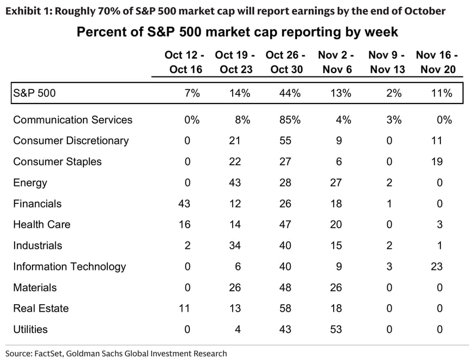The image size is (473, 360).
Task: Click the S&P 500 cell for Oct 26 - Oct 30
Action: point(290,93)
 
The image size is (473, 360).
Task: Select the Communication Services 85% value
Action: point(290,120)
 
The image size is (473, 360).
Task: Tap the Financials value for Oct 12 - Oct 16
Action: point(184,203)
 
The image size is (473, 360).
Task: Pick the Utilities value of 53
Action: point(336,329)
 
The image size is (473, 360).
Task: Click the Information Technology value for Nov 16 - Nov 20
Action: point(437,267)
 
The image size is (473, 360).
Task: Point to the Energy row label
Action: point(30,183)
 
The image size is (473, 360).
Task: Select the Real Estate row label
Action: point(41,308)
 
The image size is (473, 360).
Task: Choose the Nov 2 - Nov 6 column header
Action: point(336,62)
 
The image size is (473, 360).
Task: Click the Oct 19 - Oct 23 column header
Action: point(235,62)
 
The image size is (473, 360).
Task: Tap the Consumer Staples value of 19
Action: point(437,162)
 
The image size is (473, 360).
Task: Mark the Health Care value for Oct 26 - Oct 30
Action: point(285,224)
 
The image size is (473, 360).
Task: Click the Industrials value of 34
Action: point(235,246)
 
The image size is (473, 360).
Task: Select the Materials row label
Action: point(35,288)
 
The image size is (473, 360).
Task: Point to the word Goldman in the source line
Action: point(81,353)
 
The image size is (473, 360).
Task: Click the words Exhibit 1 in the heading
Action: point(28,11)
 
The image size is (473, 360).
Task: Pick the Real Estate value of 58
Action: point(285,308)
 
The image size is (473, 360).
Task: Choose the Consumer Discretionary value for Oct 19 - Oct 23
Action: point(234,141)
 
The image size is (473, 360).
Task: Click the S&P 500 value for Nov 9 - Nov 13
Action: point(394,93)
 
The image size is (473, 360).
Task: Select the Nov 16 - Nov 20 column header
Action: point(437,62)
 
